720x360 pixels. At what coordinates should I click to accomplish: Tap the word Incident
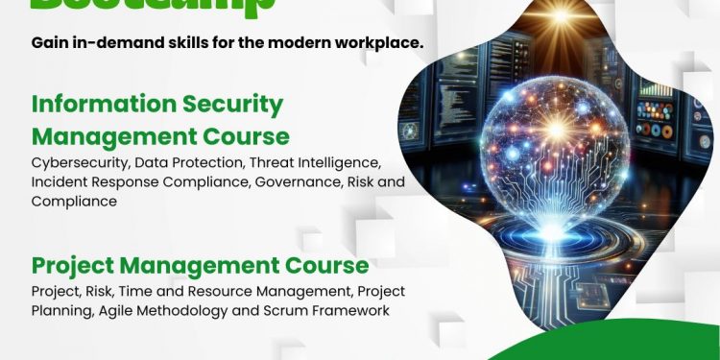pyautogui.click(x=60, y=181)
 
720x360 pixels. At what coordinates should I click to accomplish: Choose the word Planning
pyautogui.click(x=60, y=311)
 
